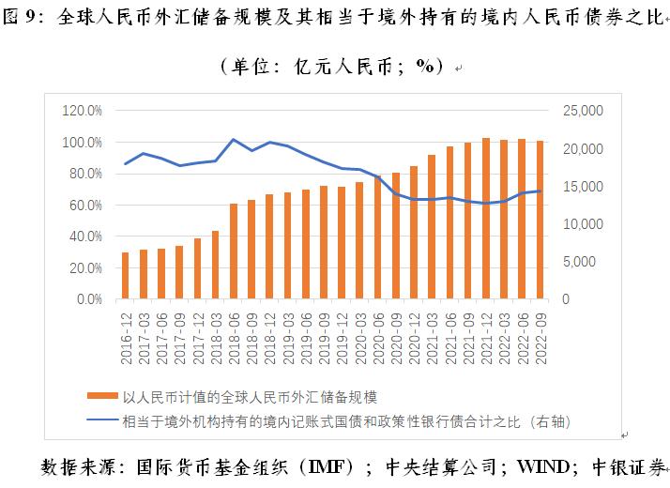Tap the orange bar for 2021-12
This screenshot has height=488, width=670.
coord(486,219)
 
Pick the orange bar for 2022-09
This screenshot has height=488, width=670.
coord(540,221)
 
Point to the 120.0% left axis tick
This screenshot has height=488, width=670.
coord(83,111)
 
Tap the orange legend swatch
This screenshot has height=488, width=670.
coord(104,398)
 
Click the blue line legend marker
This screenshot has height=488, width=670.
coord(104,421)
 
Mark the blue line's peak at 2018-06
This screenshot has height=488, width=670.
coord(234,140)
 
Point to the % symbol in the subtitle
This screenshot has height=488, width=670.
coord(426,67)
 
